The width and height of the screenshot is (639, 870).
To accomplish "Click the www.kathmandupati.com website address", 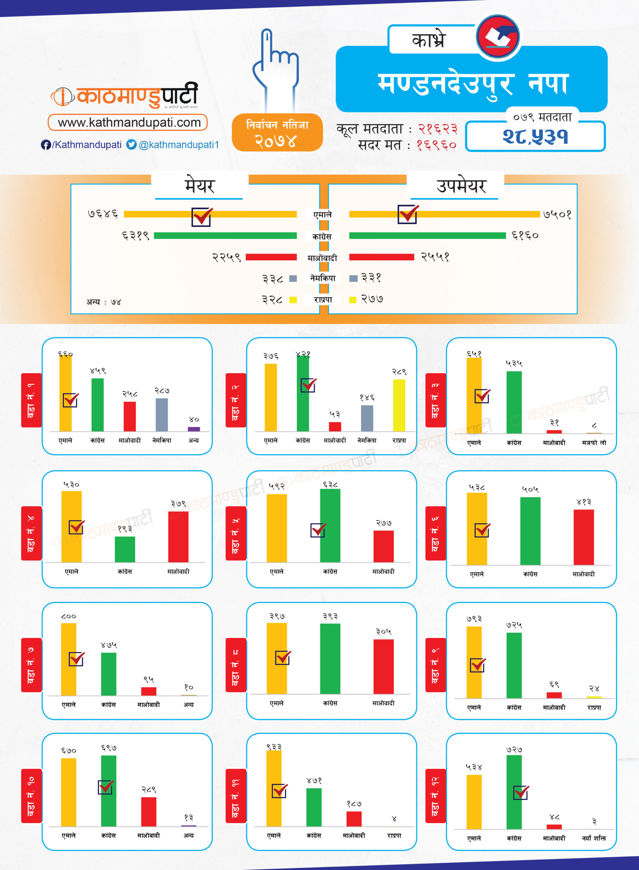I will click(129, 123).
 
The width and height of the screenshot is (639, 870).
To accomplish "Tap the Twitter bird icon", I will click(132, 144).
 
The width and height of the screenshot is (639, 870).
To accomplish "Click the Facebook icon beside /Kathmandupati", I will click(46, 144).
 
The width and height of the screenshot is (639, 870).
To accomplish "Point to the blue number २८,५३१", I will click(535, 137).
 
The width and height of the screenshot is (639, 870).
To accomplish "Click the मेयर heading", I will click(199, 186).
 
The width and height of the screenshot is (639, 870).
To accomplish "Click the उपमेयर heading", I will click(461, 186).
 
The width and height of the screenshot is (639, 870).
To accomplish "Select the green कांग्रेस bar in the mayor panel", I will click(225, 236).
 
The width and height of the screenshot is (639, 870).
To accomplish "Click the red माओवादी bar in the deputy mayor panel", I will click(381, 257).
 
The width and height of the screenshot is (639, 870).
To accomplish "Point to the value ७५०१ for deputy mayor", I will click(557, 214).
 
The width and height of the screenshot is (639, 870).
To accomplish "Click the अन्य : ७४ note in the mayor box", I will click(104, 302).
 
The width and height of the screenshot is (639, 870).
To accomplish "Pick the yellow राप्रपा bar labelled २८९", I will click(399, 405).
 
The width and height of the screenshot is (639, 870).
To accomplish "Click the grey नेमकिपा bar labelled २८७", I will click(162, 414).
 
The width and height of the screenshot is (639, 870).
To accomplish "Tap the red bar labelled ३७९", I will click(178, 537).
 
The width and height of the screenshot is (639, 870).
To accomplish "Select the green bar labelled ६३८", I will click(330, 525).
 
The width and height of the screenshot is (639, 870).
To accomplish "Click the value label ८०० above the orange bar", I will click(68, 616).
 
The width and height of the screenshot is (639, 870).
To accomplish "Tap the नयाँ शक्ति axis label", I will click(594, 838).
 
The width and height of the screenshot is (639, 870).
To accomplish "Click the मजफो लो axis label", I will click(594, 443).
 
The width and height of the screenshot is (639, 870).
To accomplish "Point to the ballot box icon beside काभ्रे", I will click(498, 37).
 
